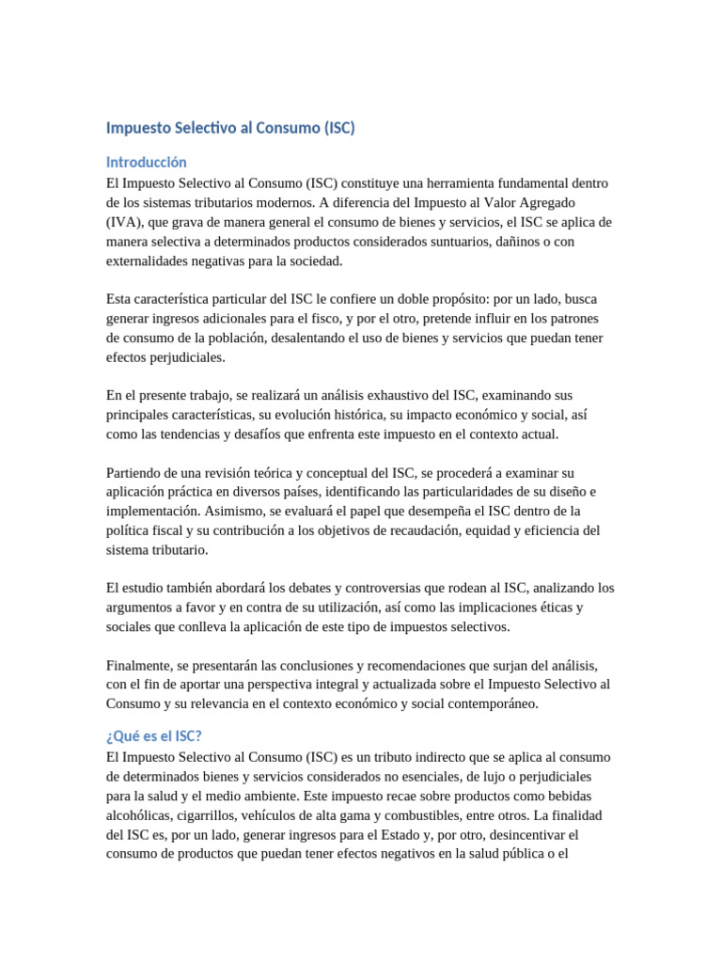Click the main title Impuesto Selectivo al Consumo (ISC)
coord(230,128)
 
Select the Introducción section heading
coord(147,162)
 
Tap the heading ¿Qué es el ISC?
coord(154,736)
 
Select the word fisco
coord(321,318)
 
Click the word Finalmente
coord(141,664)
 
